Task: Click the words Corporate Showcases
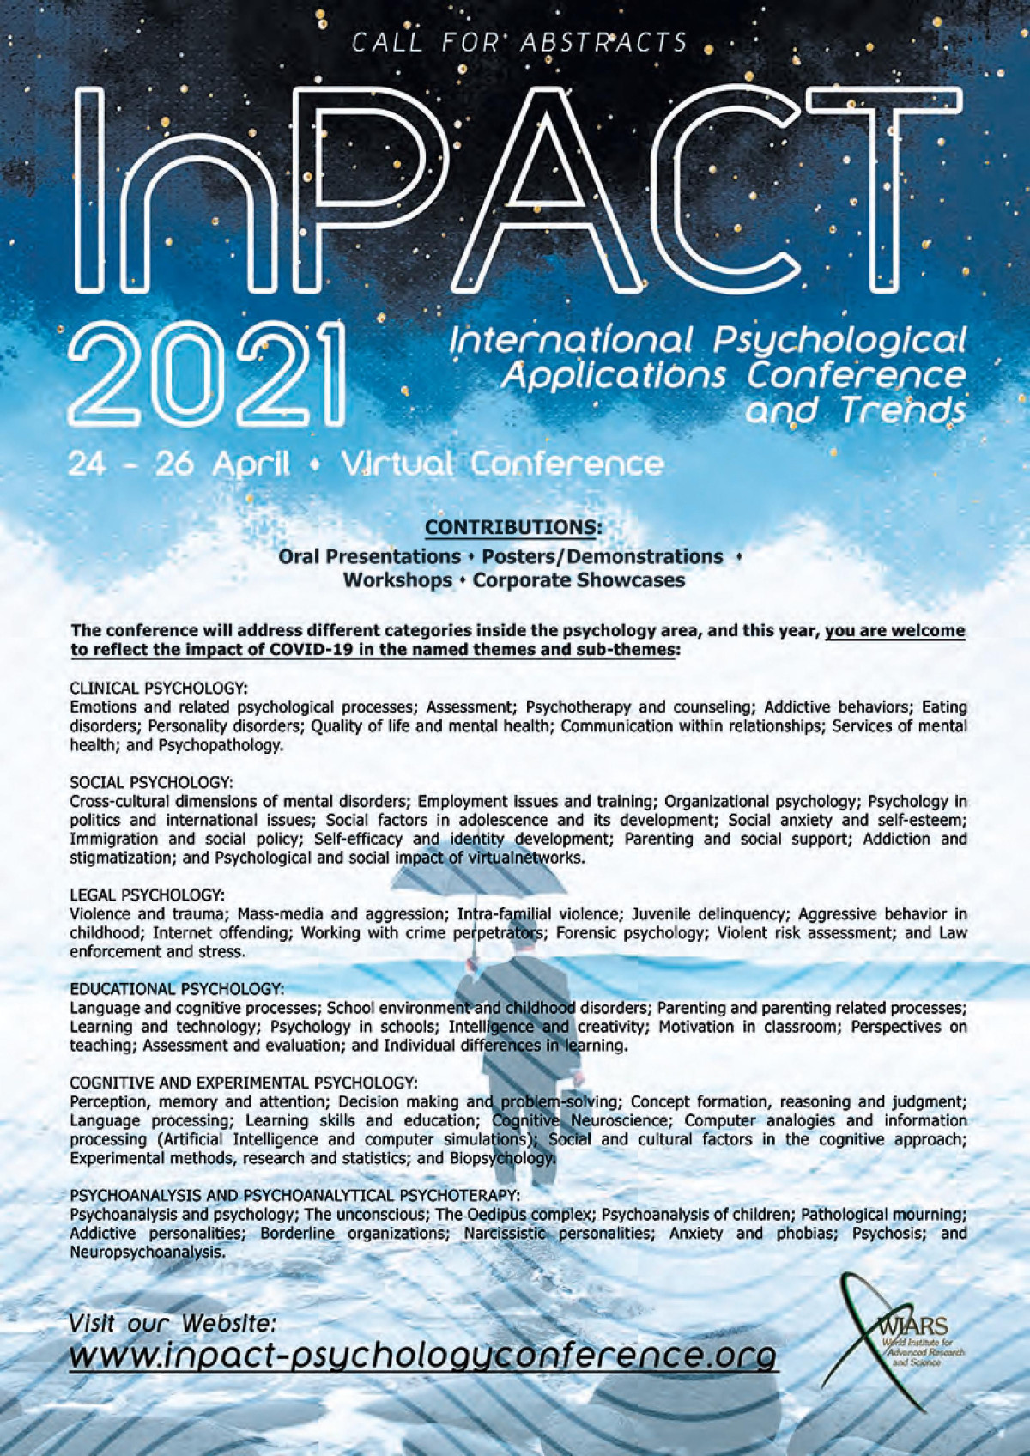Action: tap(579, 579)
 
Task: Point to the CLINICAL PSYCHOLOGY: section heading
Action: tap(158, 688)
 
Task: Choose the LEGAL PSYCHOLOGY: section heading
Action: tap(147, 895)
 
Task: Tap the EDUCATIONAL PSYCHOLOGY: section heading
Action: tap(176, 989)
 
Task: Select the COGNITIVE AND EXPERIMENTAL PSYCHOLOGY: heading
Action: tap(243, 1083)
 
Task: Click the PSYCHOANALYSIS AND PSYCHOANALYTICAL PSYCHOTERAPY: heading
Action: tap(294, 1195)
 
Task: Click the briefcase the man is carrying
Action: tap(572, 1085)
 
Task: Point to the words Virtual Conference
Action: tap(502, 464)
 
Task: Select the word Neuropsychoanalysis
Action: tap(147, 1252)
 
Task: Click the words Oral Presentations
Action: tap(369, 556)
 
